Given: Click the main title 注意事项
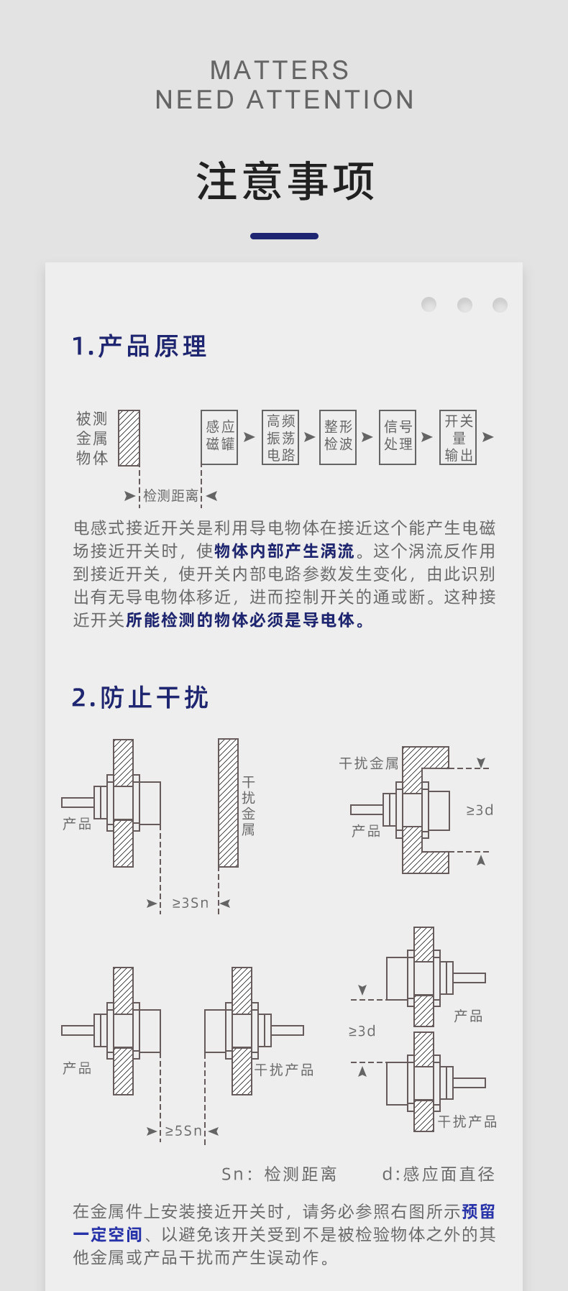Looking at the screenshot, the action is [285, 180].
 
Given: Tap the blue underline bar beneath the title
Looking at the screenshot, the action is [284, 236].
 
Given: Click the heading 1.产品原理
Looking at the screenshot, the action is [139, 346].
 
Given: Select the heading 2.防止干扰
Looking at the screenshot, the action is [140, 697].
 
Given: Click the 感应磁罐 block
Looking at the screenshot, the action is [219, 437].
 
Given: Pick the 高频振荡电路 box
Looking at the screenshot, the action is [280, 437].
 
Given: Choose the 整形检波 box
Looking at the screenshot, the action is [338, 437].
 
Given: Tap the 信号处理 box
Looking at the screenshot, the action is [398, 437].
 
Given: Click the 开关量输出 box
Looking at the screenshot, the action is [458, 437].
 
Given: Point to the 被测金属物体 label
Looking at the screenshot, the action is [92, 438].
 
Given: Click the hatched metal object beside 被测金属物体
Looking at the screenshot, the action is [129, 438].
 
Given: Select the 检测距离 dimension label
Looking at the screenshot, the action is [170, 495].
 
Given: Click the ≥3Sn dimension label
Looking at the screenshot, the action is [191, 903].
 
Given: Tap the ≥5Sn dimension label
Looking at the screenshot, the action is [183, 1131].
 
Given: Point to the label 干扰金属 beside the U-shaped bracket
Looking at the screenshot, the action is [369, 763].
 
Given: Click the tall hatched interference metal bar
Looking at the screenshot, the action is [228, 803].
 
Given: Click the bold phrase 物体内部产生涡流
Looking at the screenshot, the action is [285, 551].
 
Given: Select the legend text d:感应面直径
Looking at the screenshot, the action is [439, 1174].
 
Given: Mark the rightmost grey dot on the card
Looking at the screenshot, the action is [500, 305].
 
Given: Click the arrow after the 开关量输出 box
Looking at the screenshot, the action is [488, 437].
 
